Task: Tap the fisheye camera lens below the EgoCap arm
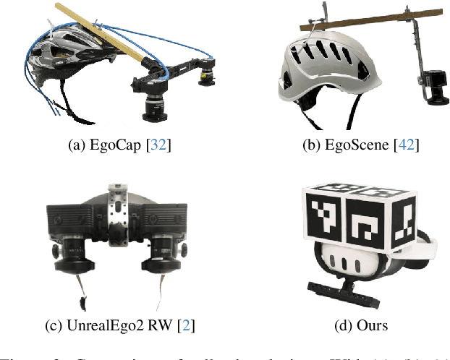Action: [x=154, y=106]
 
